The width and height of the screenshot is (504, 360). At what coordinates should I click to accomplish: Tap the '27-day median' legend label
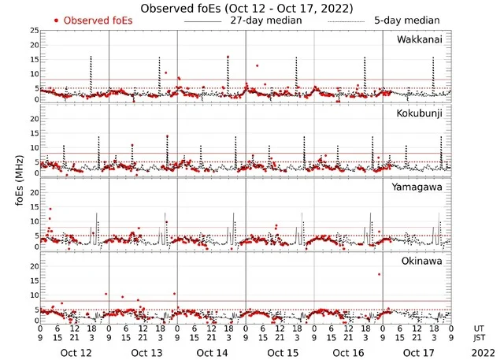(x=266, y=20)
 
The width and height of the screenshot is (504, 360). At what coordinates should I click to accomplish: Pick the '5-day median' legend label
(x=407, y=20)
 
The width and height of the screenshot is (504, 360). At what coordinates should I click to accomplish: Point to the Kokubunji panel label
(x=420, y=113)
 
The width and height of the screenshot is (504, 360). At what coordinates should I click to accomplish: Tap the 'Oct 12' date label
(x=76, y=353)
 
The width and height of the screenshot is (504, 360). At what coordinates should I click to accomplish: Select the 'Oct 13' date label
(x=145, y=353)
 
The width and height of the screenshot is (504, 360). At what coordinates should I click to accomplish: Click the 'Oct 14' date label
(x=213, y=353)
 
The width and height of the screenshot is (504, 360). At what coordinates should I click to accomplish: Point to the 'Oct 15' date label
(x=280, y=353)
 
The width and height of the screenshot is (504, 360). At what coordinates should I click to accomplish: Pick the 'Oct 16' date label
(x=349, y=353)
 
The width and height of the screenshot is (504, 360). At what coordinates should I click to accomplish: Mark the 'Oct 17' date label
(x=417, y=353)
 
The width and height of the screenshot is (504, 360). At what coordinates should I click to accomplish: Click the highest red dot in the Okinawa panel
(x=380, y=274)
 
